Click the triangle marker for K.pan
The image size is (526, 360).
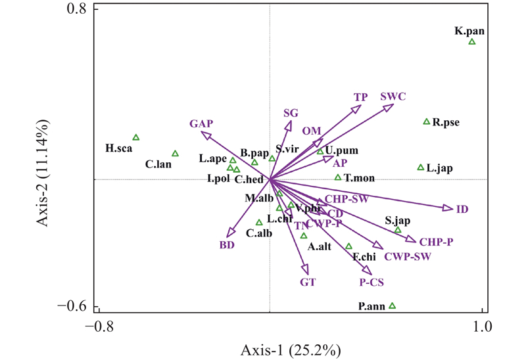pyautogui.click(x=472, y=42)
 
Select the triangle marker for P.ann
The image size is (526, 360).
pyautogui.click(x=393, y=305)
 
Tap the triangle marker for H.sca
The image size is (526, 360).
pyautogui.click(x=136, y=137)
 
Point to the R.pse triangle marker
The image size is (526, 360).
pyautogui.click(x=427, y=122)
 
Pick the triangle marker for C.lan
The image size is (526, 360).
pyautogui.click(x=176, y=154)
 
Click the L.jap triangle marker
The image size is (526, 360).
pyautogui.click(x=421, y=168)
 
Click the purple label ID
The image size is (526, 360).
pyautogui.click(x=462, y=210)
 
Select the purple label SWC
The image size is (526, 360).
pyautogui.click(x=393, y=97)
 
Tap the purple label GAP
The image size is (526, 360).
pyautogui.click(x=202, y=124)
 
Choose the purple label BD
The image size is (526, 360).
pyautogui.click(x=227, y=246)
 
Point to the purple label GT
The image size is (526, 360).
pyautogui.click(x=308, y=282)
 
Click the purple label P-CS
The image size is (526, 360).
pyautogui.click(x=371, y=283)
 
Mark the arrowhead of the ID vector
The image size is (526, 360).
pyautogui.click(x=448, y=208)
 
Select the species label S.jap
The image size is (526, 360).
pyautogui.click(x=398, y=221)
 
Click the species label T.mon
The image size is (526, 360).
pyautogui.click(x=357, y=178)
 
